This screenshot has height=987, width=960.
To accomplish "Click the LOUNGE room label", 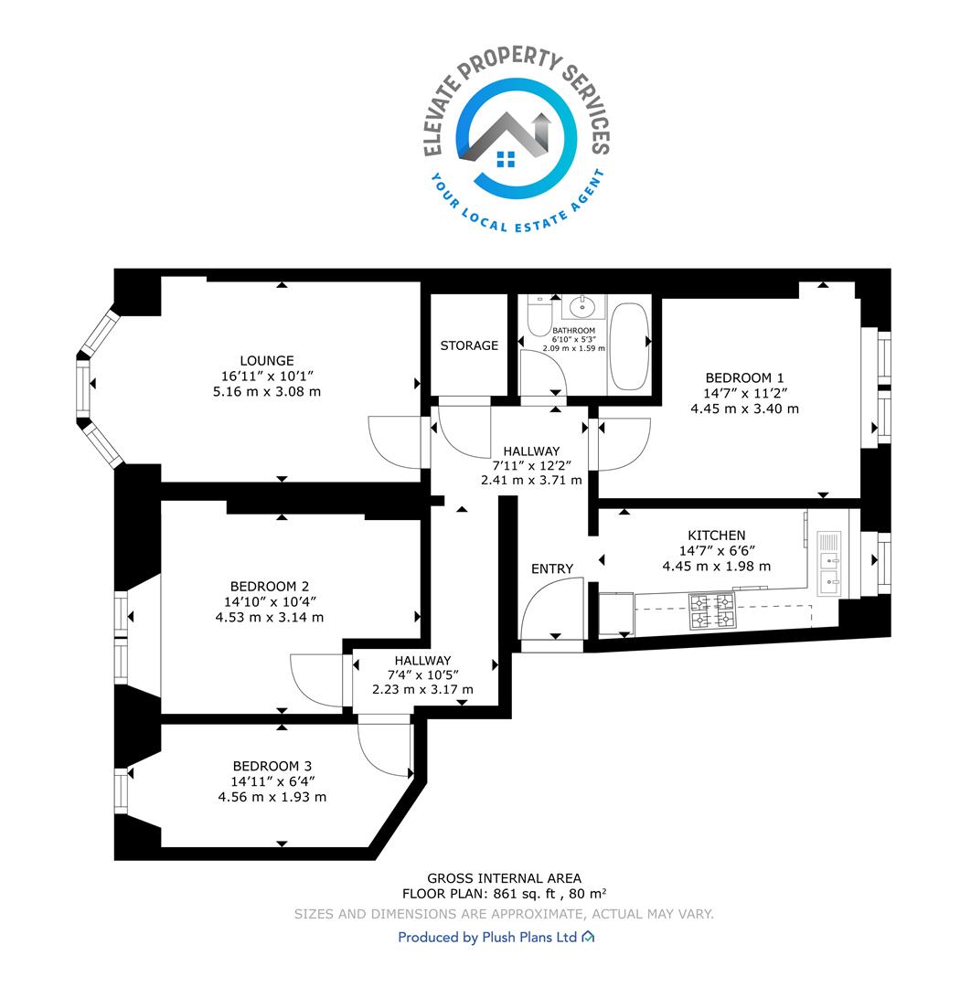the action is [267, 361].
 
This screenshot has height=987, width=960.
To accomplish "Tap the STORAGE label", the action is [469, 345].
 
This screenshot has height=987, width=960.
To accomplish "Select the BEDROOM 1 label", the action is [744, 377].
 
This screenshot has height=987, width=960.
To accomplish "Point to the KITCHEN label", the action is [716, 535].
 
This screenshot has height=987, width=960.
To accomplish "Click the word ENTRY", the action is [552, 569].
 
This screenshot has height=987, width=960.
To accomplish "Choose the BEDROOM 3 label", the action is [272, 766].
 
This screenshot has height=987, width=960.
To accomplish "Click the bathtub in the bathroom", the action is [629, 347].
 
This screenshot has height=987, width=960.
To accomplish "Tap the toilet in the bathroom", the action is [539, 314].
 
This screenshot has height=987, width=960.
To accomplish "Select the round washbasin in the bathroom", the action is [583, 308].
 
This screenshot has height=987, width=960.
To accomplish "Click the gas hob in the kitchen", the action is [712, 611].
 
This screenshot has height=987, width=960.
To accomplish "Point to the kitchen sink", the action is [828, 563].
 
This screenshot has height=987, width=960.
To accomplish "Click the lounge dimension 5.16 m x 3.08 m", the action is [267, 391].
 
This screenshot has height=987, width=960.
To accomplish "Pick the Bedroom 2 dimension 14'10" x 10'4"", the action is [270, 601].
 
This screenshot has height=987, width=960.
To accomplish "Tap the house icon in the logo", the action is [506, 159].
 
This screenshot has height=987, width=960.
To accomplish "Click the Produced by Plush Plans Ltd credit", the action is [496, 938].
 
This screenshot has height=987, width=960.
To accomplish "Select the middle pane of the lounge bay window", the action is [83, 391].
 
